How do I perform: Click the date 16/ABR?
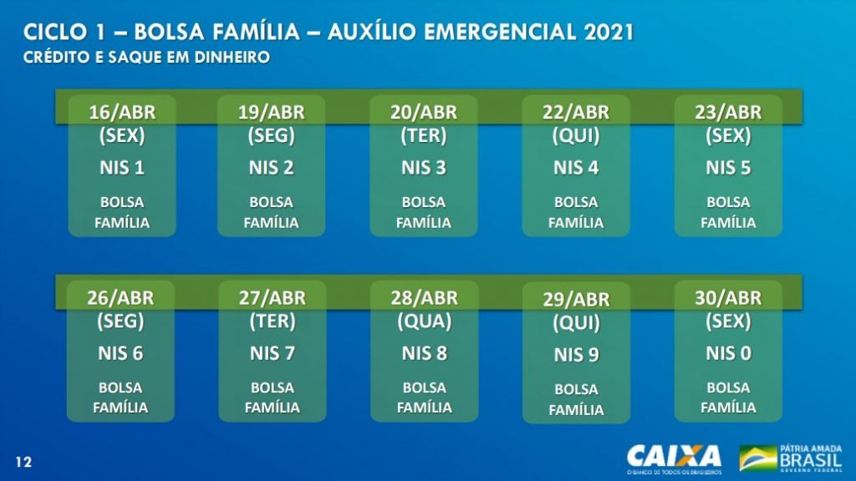122,112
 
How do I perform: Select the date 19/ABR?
272,112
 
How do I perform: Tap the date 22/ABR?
576,112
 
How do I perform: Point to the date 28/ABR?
424,298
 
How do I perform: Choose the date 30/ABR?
728,298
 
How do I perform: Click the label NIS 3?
424,167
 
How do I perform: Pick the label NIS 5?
728,167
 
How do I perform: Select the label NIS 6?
120,353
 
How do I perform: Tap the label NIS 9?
577,355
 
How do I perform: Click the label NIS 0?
728,353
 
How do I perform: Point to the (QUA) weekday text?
424,322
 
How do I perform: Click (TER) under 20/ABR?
424,135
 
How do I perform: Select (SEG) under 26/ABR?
120,322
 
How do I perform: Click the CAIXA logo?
675,459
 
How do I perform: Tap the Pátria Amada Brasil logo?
791,458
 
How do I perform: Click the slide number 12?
23,463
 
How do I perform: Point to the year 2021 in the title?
609,33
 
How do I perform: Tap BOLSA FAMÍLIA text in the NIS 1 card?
122,212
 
